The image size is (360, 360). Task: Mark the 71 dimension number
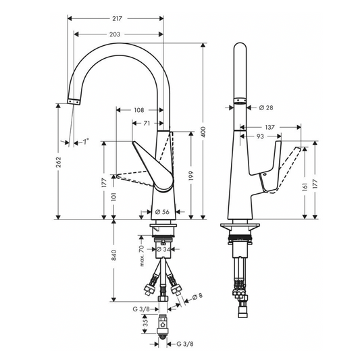147,123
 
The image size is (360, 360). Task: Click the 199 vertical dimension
194,176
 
